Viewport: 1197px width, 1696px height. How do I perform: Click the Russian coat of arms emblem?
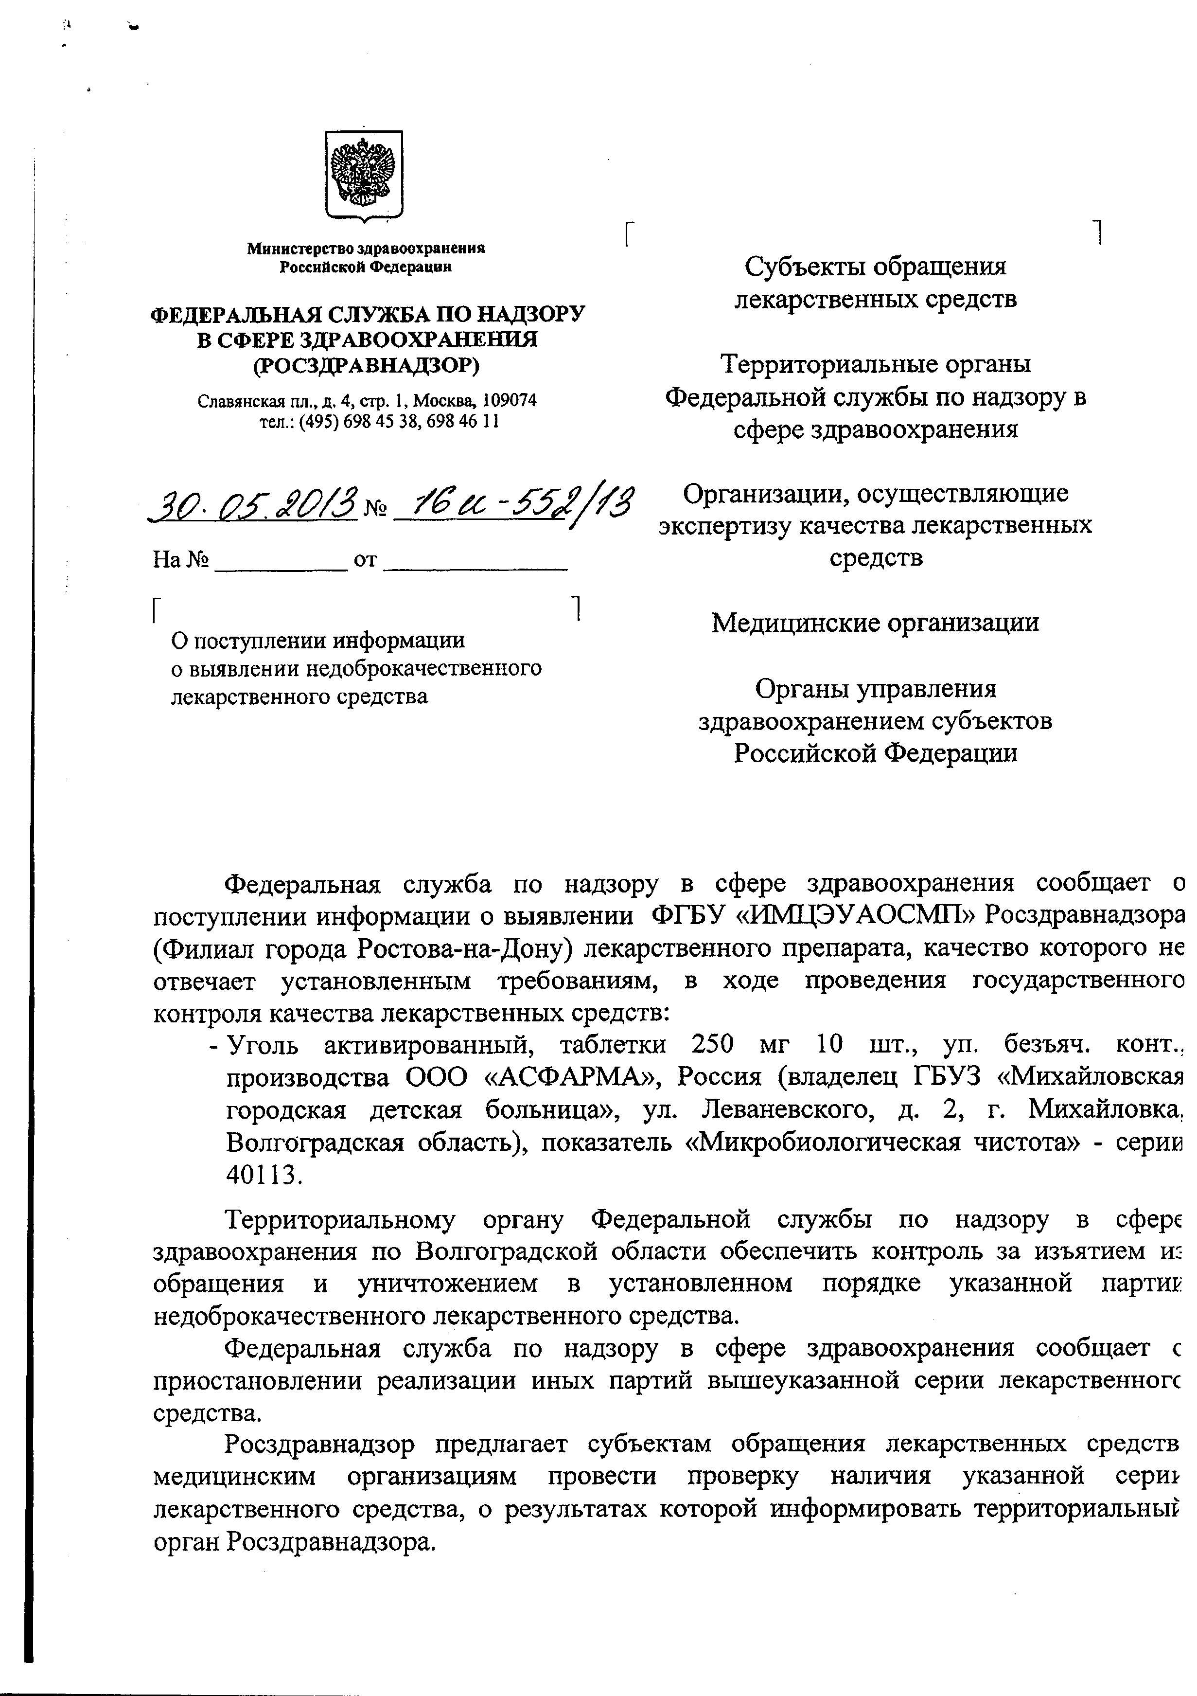tap(364, 176)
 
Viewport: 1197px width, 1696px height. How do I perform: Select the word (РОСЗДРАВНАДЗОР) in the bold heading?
tap(366, 365)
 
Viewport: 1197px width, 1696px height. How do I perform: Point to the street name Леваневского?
tap(782, 1110)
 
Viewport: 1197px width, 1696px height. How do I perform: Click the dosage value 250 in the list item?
tap(713, 1045)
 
